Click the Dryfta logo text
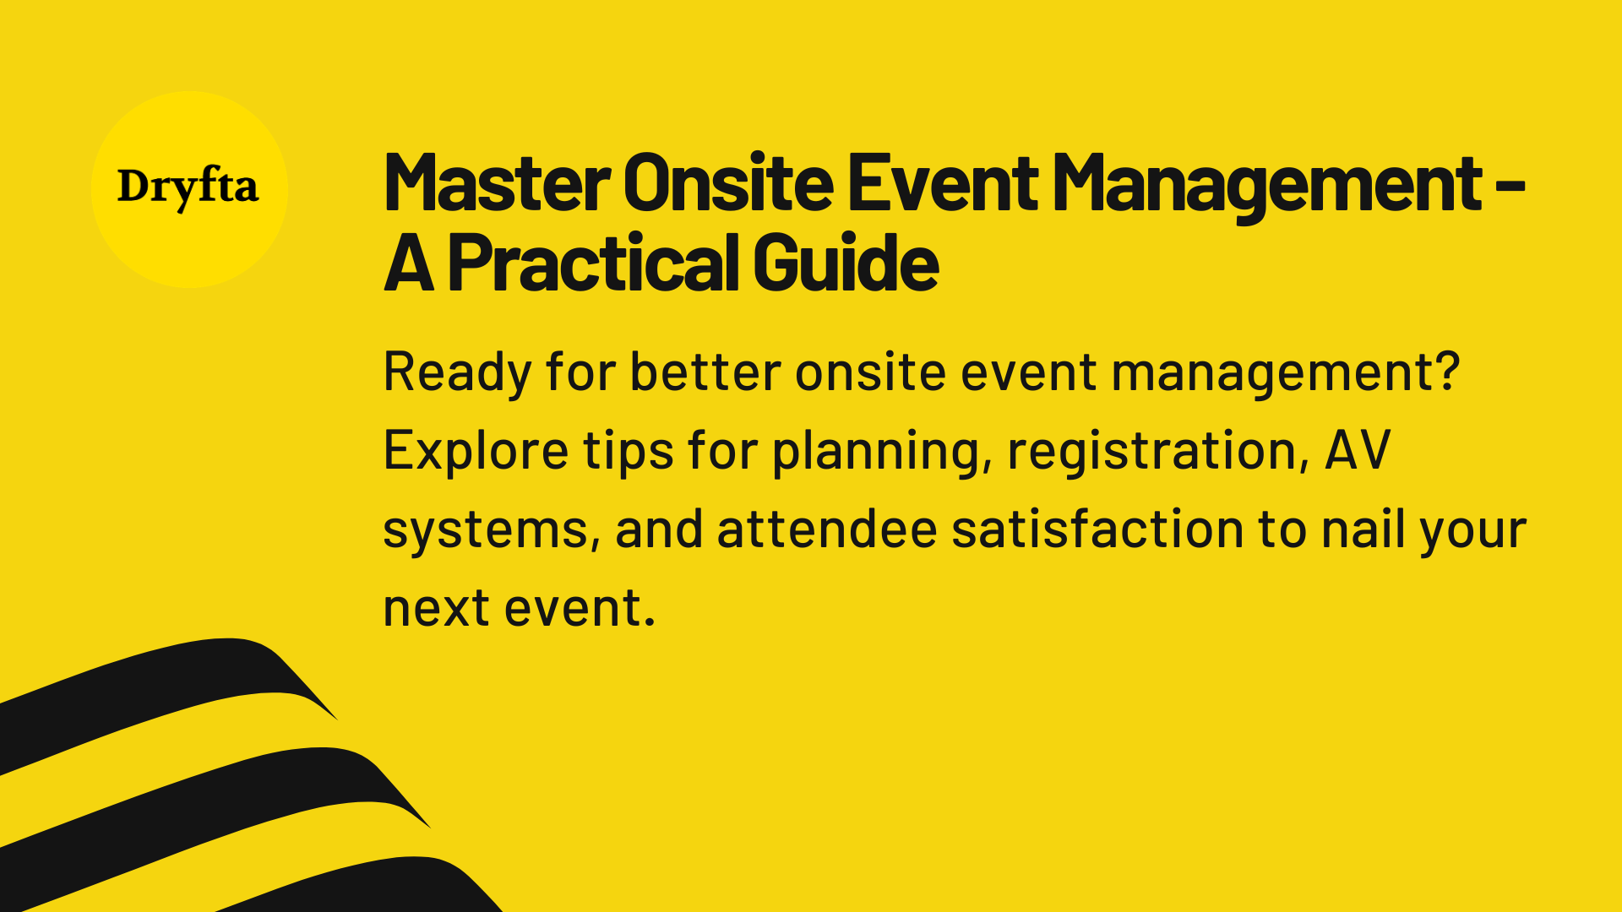tap(188, 187)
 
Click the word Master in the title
tap(497, 184)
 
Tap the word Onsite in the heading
tap(728, 184)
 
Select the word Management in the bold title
tap(1267, 184)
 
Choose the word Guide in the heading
tap(846, 263)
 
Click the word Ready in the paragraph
tap(457, 372)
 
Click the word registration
tap(1151, 452)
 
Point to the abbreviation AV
tap(1357, 450)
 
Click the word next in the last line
tap(436, 608)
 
